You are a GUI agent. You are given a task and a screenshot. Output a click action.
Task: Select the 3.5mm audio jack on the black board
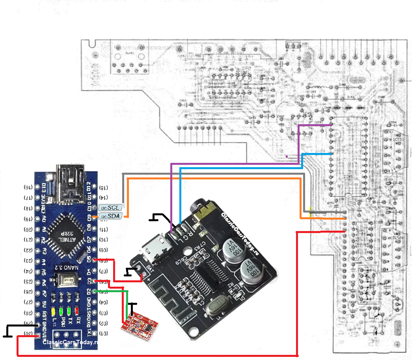point(205,216)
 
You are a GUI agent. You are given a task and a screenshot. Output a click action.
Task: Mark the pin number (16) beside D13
point(28,187)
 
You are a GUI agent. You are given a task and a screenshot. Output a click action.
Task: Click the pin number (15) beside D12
point(104,187)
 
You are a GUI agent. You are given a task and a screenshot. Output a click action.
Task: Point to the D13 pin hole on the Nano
point(38,187)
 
